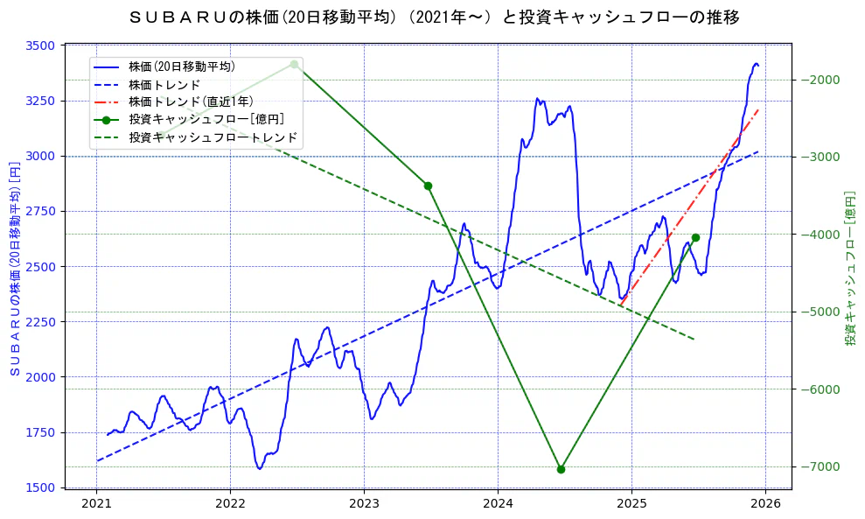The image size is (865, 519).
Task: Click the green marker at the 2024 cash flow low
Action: (561, 469)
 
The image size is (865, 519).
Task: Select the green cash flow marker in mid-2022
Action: (294, 64)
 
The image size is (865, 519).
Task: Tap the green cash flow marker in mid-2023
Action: (428, 186)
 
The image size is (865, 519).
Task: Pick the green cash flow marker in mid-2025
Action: (695, 237)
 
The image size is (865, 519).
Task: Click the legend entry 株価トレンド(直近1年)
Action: (192, 102)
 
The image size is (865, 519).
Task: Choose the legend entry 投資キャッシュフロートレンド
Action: (213, 137)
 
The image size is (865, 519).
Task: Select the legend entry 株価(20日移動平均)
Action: (181, 66)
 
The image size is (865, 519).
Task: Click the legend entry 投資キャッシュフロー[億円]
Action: (206, 119)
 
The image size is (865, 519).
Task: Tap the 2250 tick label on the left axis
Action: (40, 322)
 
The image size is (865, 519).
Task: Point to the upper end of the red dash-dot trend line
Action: (758, 110)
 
